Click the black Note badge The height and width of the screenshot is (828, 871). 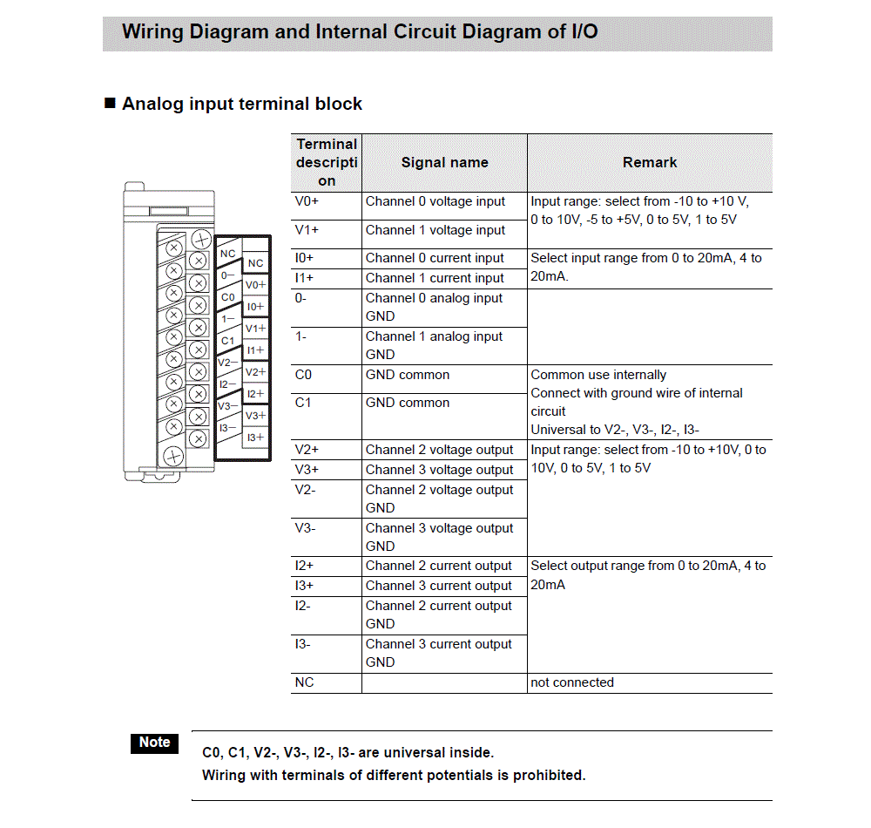[x=154, y=743]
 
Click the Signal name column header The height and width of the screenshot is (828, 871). [x=444, y=162]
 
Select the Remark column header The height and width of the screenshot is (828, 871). [x=650, y=162]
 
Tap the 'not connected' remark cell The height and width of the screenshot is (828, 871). [x=572, y=682]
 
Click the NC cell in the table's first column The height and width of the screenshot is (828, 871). [x=304, y=682]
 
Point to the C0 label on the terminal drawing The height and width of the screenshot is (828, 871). [x=227, y=297]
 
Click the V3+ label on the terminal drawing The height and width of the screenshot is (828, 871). [x=255, y=416]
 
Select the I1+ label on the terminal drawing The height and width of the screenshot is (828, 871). [x=255, y=350]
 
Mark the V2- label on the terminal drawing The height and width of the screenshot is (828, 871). [x=227, y=363]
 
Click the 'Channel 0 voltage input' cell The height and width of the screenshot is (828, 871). [x=435, y=201]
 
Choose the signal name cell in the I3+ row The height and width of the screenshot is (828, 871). [x=439, y=586]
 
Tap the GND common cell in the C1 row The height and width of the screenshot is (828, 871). [x=408, y=403]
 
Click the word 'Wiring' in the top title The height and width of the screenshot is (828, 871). [x=153, y=32]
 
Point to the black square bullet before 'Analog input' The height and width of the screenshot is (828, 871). [x=110, y=104]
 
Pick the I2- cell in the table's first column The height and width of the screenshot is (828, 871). [x=303, y=606]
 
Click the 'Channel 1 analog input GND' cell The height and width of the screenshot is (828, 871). [x=435, y=345]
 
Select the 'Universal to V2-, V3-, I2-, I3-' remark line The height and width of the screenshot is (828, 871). [x=615, y=430]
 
